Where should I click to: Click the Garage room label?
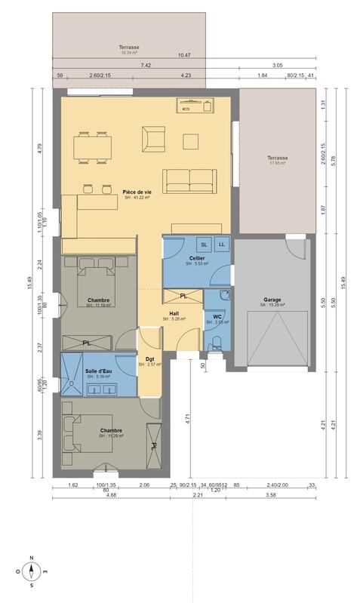(x=272, y=300)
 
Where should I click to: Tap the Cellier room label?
(x=197, y=258)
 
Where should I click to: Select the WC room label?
(x=217, y=317)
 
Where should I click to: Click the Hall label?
(x=174, y=313)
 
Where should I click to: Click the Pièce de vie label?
(x=137, y=192)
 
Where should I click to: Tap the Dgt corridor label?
(x=149, y=360)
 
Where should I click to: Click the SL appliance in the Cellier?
(x=204, y=245)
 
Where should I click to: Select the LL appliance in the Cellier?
(x=222, y=245)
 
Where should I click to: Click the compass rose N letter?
(x=31, y=559)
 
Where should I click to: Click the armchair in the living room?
(x=153, y=139)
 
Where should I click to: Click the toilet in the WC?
(x=216, y=343)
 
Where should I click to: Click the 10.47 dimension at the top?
(x=184, y=56)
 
